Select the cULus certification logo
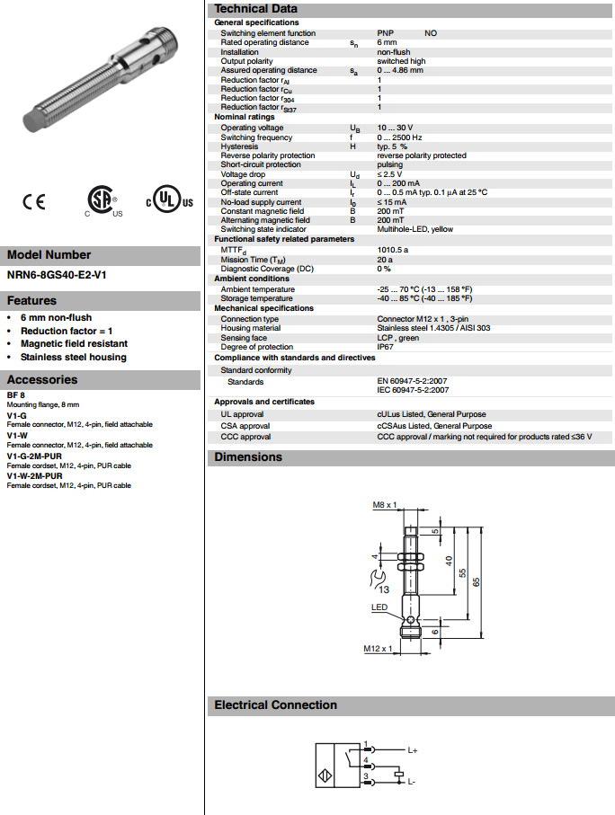tap(168, 201)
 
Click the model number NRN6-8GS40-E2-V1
tap(57, 275)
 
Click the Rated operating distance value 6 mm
tap(388, 42)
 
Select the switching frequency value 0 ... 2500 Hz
tap(401, 137)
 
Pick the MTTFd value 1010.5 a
tap(393, 250)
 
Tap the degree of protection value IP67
tap(385, 347)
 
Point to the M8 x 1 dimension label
tap(385, 506)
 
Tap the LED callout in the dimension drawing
tap(380, 607)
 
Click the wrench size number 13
tap(383, 589)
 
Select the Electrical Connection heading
tap(275, 705)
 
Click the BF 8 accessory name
tap(16, 396)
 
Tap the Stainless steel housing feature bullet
tap(73, 357)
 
